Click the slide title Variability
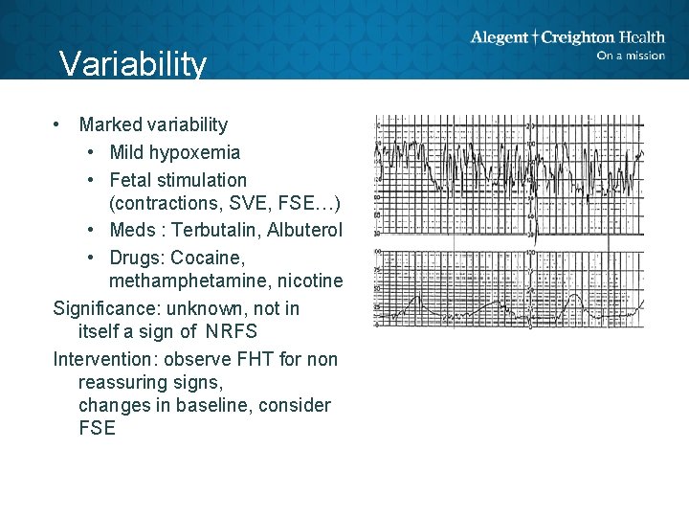coord(132,64)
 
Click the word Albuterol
coord(304,231)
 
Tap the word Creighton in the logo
coord(578,37)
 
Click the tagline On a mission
coord(630,56)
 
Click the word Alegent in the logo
coord(499,37)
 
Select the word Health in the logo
coord(642,37)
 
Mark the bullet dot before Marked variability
coord(58,124)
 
